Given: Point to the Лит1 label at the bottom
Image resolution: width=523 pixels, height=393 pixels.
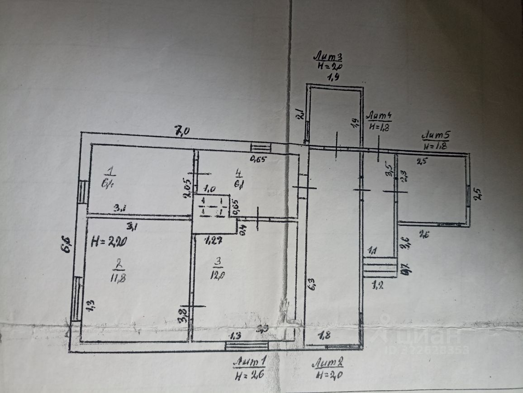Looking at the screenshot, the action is [249, 363].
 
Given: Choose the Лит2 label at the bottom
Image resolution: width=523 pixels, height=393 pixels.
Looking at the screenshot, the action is [330, 363].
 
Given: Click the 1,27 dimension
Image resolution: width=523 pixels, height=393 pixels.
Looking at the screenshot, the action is [213, 240].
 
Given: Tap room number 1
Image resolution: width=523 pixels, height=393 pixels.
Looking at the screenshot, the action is [109, 171].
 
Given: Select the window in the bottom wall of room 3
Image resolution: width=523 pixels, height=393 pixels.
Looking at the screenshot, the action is [247, 346].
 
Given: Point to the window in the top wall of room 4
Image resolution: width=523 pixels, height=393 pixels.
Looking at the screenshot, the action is [261, 147].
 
